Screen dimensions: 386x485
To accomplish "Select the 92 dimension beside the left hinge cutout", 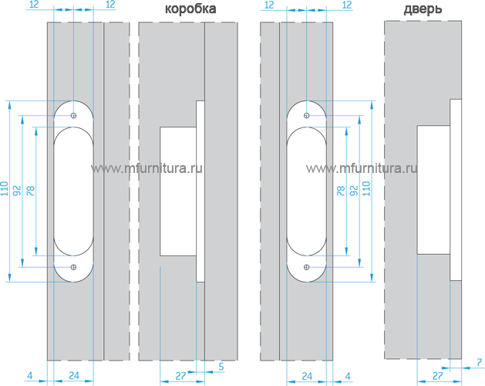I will click(19, 191).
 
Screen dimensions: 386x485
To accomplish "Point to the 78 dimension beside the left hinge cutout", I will click(31, 191).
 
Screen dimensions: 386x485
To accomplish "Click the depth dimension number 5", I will click(221, 365).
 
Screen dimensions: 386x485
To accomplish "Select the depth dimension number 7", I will click(478, 361).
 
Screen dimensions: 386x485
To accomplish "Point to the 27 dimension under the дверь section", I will click(436, 375).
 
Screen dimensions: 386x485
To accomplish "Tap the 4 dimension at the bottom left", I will click(29, 376).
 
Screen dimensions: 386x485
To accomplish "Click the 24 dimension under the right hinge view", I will click(306, 376).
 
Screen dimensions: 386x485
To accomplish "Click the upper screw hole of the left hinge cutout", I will click(74, 116).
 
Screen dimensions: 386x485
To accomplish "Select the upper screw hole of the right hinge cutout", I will click(307, 116).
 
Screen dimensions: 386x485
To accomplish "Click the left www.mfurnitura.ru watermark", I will click(143, 168).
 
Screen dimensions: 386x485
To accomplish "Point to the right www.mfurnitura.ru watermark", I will click(362, 168).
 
